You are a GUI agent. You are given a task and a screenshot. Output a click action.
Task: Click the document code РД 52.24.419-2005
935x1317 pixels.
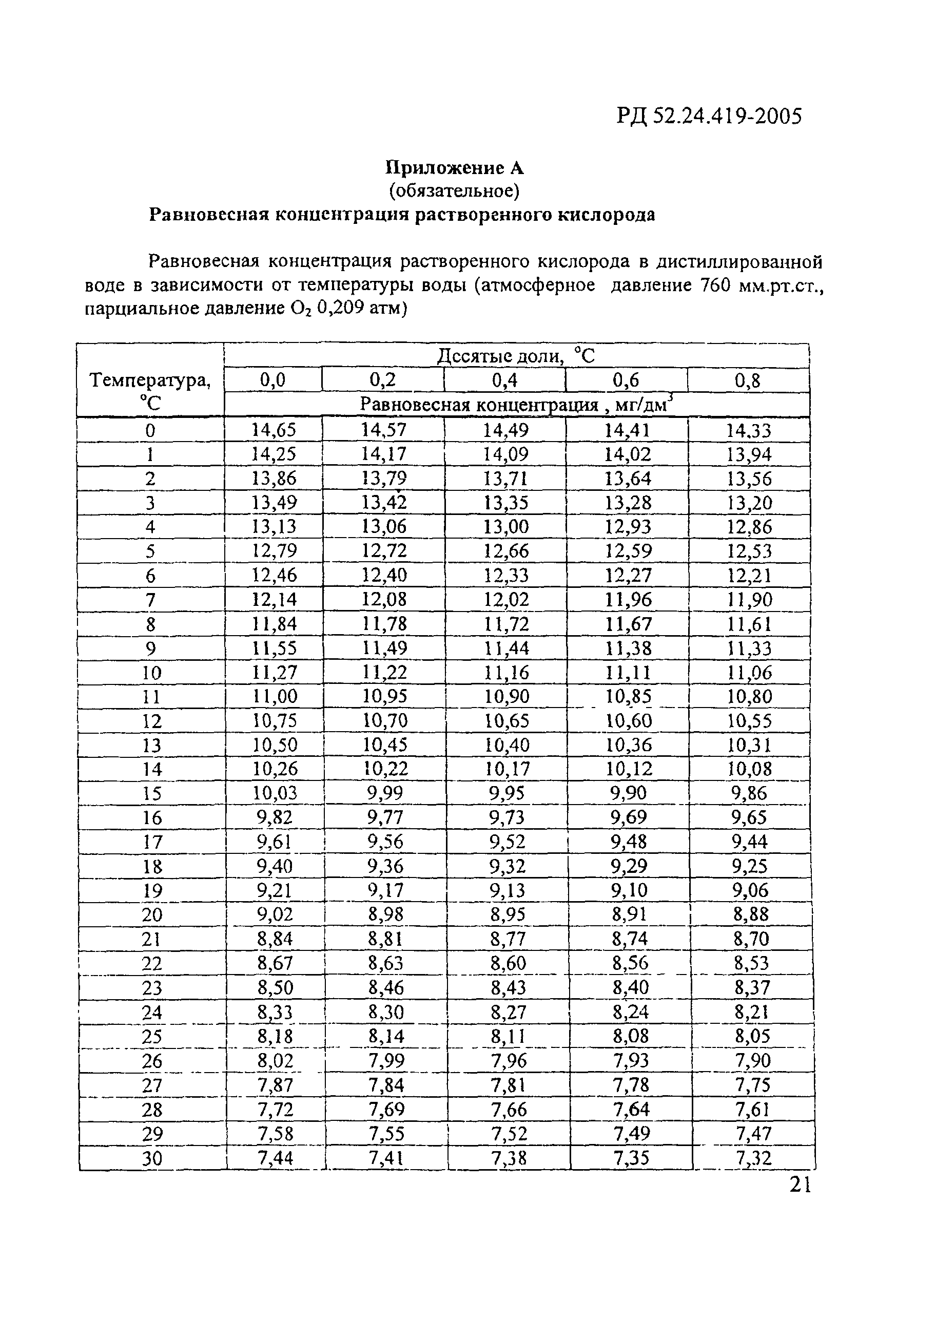[x=709, y=117]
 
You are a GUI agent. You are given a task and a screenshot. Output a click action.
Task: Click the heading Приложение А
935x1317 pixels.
[x=455, y=168]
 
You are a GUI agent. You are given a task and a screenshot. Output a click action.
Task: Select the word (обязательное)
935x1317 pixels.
[x=455, y=190]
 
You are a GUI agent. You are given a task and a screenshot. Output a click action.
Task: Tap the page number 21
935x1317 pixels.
[x=800, y=1185]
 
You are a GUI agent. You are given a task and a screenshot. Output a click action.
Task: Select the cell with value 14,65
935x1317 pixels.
[x=274, y=430]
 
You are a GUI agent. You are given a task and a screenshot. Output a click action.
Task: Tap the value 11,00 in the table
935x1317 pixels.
[x=275, y=696]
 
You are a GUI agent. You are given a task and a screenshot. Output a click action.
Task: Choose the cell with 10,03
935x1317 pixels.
[x=275, y=793]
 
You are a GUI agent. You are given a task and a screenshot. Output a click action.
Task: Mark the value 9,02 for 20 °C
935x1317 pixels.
[x=275, y=914]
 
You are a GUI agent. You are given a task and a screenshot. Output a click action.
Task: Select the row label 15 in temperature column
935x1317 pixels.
[x=152, y=793]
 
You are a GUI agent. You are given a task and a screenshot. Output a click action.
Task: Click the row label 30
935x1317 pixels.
[x=152, y=1158]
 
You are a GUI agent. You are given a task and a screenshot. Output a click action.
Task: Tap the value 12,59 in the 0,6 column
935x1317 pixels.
[x=628, y=551]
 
